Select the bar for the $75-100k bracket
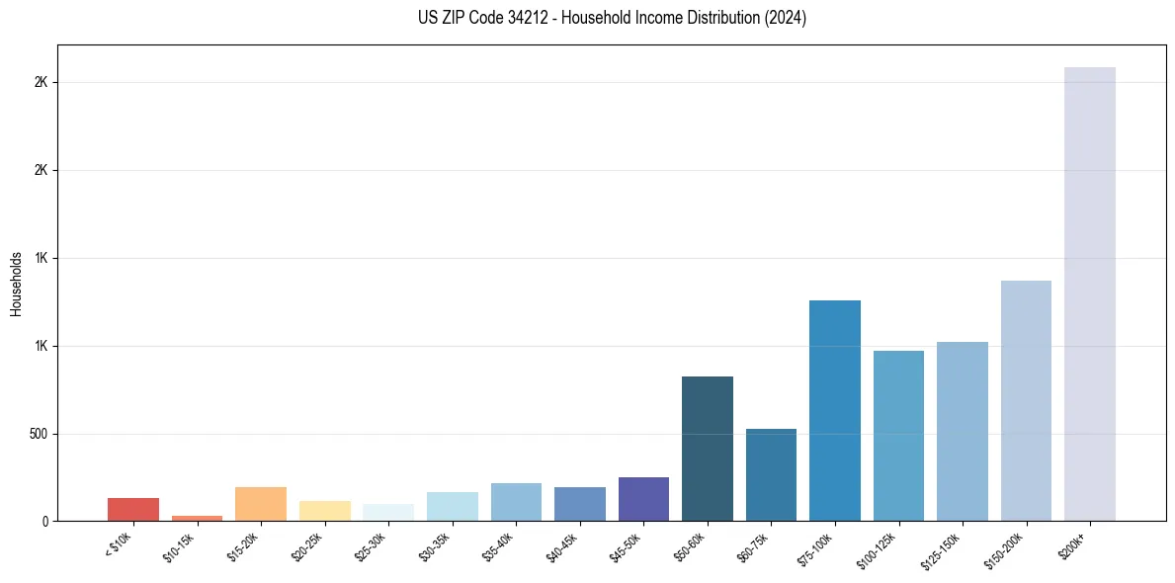pyautogui.click(x=834, y=410)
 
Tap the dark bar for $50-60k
pyautogui.click(x=707, y=449)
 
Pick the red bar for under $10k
pyautogui.click(x=133, y=509)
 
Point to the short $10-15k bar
pyautogui.click(x=197, y=518)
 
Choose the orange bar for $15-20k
pyautogui.click(x=261, y=504)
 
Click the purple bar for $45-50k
pyautogui.click(x=643, y=499)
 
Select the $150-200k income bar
pyautogui.click(x=1026, y=400)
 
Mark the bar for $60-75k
pyautogui.click(x=771, y=474)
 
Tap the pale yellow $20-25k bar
pyautogui.click(x=324, y=511)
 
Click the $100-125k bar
pyautogui.click(x=898, y=436)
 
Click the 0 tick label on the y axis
pyautogui.click(x=45, y=521)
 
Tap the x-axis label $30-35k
pyautogui.click(x=436, y=544)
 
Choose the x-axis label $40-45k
pyautogui.click(x=563, y=544)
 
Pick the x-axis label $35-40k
pyautogui.click(x=500, y=544)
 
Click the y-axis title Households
pyautogui.click(x=16, y=284)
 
